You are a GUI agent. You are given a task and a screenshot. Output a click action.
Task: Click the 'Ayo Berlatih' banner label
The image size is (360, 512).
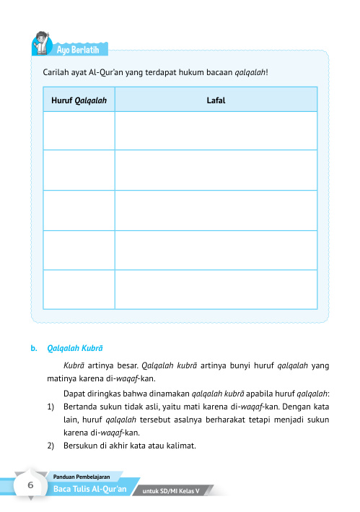pyautogui.click(x=81, y=49)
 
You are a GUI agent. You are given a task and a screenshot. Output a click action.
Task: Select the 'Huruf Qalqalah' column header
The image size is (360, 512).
pyautogui.click(x=79, y=100)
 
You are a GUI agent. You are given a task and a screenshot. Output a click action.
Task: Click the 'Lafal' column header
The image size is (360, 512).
pyautogui.click(x=216, y=100)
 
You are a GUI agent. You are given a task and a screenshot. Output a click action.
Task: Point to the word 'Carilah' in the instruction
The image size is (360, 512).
pyautogui.click(x=57, y=73)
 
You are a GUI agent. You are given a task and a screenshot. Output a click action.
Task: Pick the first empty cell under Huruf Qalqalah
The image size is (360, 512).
pyautogui.click(x=79, y=131)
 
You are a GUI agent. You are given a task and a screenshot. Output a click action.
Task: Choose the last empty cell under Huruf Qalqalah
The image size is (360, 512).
pyautogui.click(x=79, y=288)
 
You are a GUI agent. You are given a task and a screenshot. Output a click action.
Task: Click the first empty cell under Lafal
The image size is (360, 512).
pyautogui.click(x=216, y=131)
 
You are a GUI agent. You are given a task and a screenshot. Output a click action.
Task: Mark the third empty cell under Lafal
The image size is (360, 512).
pyautogui.click(x=216, y=210)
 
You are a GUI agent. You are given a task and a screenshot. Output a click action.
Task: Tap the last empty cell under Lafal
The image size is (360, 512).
pyautogui.click(x=216, y=288)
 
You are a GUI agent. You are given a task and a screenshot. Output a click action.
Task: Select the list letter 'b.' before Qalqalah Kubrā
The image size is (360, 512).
pyautogui.click(x=34, y=347)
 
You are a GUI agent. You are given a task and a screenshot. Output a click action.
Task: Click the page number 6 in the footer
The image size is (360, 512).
pyautogui.click(x=31, y=486)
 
